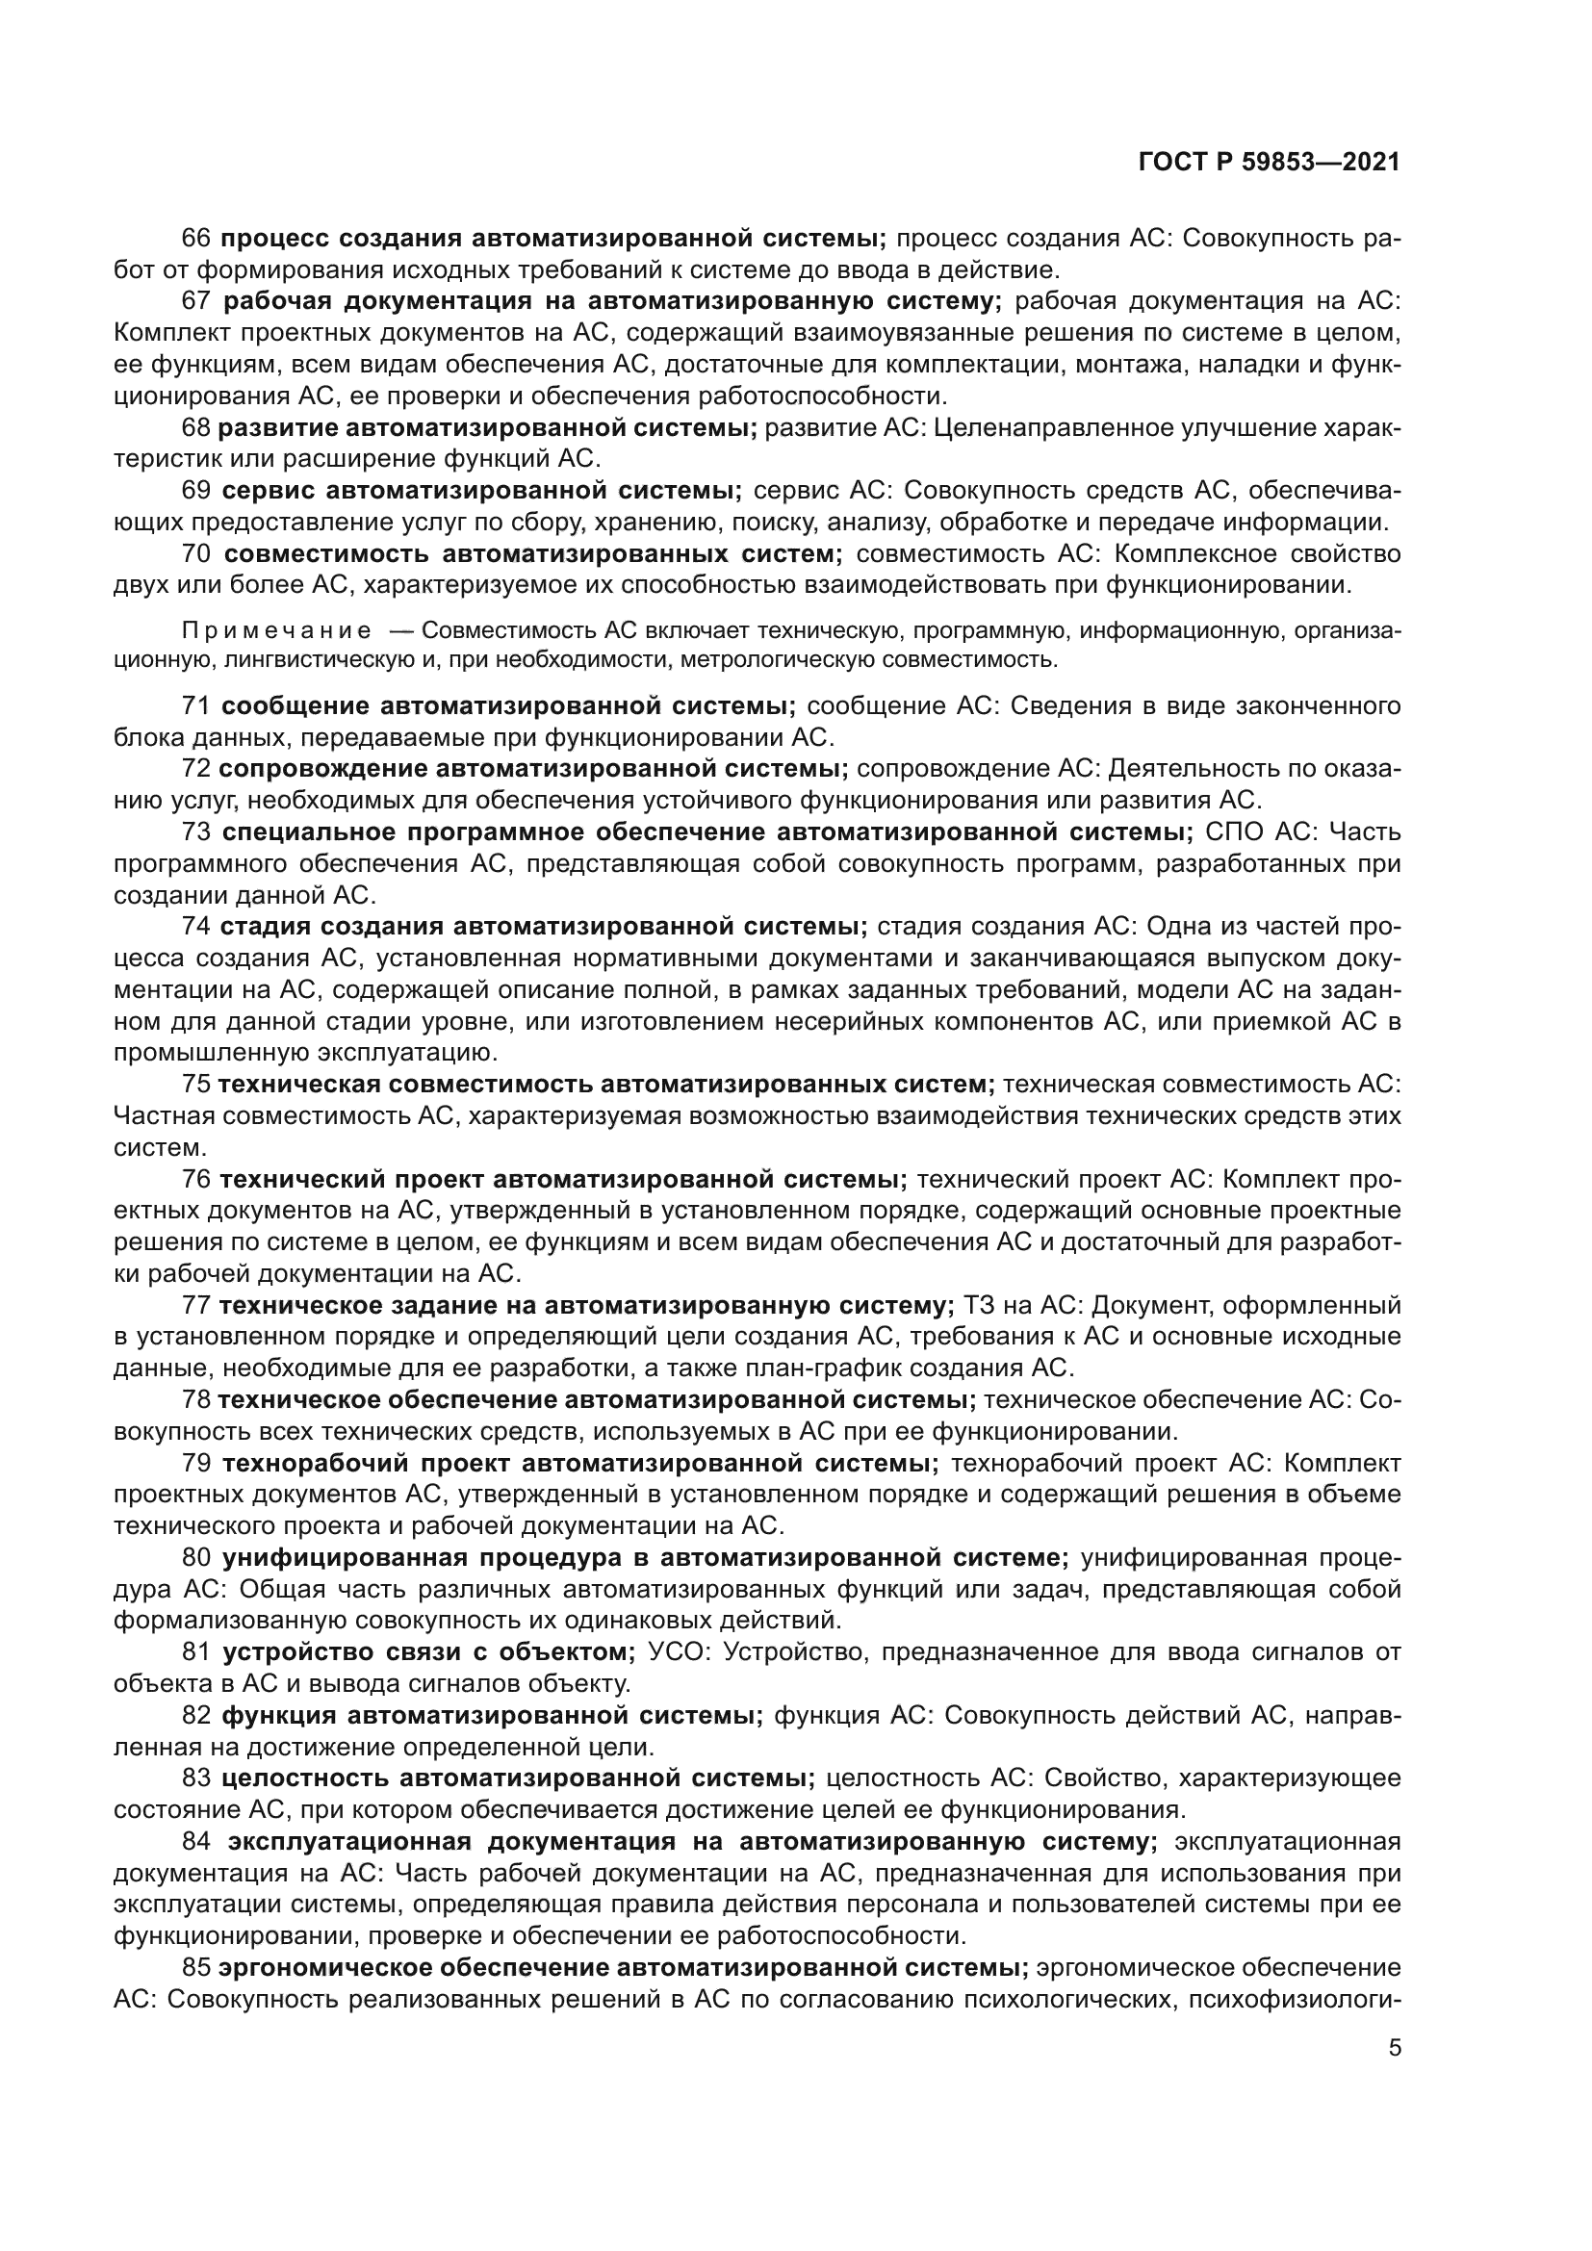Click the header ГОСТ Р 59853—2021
tap(1269, 163)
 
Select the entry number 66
tap(197, 239)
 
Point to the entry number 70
tap(197, 554)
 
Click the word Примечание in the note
tap(276, 630)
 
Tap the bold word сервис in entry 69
tap(268, 490)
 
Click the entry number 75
tap(197, 1086)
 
